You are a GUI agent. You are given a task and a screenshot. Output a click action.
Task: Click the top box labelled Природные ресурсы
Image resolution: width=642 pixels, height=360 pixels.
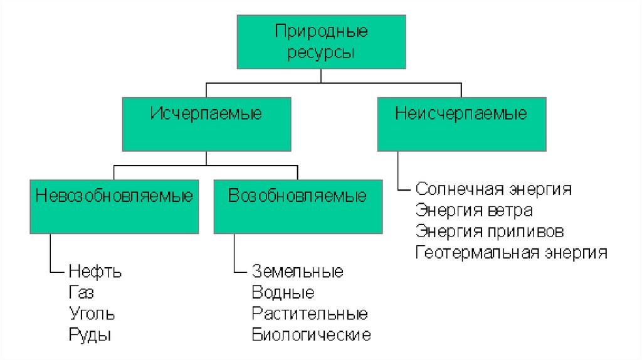coord(321,41)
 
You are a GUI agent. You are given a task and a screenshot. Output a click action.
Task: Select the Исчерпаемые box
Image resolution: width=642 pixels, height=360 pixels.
coord(206,124)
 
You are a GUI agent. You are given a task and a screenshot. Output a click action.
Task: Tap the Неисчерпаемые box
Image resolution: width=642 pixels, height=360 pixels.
coord(461,124)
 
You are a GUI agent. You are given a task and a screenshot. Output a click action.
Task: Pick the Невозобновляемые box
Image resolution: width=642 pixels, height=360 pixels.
coord(113,206)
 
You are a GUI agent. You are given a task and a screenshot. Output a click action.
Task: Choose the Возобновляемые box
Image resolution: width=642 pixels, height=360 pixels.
coord(297,206)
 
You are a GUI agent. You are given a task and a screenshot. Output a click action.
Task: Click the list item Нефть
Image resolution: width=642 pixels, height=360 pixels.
coord(95,272)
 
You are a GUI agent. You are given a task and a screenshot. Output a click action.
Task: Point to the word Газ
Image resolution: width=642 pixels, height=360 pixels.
coord(82,293)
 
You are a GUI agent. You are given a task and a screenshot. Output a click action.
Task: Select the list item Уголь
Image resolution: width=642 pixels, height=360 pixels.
coord(92,314)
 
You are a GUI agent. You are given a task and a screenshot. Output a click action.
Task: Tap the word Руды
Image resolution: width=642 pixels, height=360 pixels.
coord(90,334)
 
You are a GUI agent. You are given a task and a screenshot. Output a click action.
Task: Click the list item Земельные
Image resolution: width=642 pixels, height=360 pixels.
coord(297,272)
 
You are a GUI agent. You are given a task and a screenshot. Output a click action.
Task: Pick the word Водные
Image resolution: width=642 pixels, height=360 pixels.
coord(283,293)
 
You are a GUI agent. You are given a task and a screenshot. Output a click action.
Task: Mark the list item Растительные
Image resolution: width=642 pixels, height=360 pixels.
coord(310,314)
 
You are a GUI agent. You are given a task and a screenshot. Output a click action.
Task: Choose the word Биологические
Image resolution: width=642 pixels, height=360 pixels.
coord(311,334)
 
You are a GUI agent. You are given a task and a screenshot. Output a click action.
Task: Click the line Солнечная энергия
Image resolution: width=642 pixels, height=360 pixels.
coord(493,189)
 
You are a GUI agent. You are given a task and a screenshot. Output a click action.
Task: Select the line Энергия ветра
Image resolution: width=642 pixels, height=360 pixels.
coord(473,209)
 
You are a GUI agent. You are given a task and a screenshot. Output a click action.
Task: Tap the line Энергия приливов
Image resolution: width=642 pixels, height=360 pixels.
coord(489,231)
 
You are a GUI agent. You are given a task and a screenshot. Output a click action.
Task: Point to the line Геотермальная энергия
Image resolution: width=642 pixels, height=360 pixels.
coord(511,252)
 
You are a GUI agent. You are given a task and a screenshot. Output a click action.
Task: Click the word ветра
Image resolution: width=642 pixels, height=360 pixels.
coord(512,209)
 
